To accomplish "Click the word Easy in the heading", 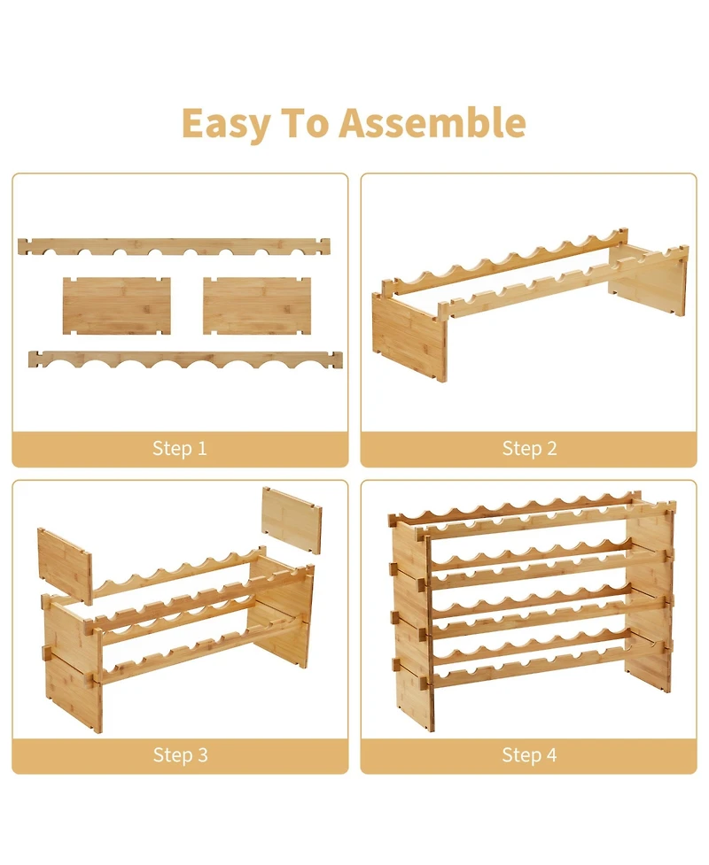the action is click(x=226, y=124).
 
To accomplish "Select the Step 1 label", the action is click(x=179, y=448).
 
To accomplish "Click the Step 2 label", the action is click(x=529, y=448).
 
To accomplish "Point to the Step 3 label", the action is click(x=180, y=754).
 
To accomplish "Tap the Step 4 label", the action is click(x=529, y=754).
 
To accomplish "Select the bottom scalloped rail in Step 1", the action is click(x=185, y=359).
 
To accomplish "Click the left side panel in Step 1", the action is click(x=116, y=305).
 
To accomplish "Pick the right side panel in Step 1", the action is click(x=257, y=305).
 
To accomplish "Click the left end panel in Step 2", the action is click(x=409, y=336).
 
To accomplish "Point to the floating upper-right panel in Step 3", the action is click(x=291, y=519).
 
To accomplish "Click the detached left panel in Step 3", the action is click(x=65, y=566).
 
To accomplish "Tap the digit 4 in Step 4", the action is click(x=551, y=754).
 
